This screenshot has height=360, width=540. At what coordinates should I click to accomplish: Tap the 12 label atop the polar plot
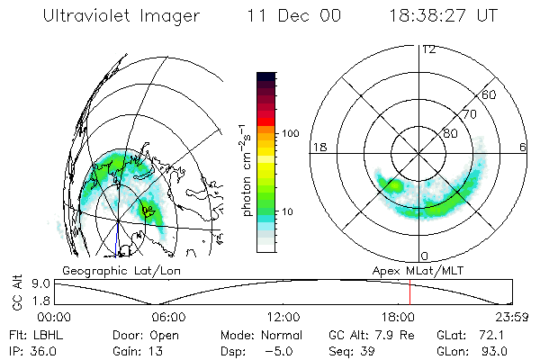[x=428, y=49]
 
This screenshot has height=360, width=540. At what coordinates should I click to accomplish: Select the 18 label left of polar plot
[x=318, y=147]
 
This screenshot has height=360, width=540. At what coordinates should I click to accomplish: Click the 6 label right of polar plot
[x=523, y=147]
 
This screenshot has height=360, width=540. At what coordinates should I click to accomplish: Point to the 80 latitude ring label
[x=451, y=133]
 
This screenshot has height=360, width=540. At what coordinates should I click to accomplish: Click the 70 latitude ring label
[x=468, y=114]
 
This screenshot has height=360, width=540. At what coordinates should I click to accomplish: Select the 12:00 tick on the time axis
[x=284, y=317]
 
